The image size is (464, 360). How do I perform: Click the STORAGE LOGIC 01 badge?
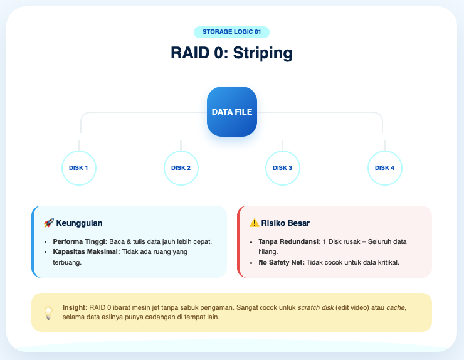point(231,32)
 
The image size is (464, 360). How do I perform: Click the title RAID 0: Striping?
point(231,53)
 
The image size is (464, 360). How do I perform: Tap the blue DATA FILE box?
point(231,112)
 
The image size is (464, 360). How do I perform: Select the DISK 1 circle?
point(79,168)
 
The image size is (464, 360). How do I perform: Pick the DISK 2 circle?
point(181,168)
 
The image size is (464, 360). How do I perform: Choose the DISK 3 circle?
point(282,168)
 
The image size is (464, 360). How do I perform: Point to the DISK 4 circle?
point(384,168)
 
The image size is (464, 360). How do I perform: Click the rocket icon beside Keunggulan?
point(48,223)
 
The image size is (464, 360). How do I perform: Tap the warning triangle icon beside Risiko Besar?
point(254,223)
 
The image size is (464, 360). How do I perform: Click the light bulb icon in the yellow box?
point(48,312)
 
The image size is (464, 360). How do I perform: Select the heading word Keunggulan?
point(79,223)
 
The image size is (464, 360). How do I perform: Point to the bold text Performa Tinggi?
point(80,241)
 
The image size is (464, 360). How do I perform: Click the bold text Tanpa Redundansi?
point(289,241)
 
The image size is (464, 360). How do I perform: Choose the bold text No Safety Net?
point(281,262)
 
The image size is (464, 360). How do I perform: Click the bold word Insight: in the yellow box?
point(75,307)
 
